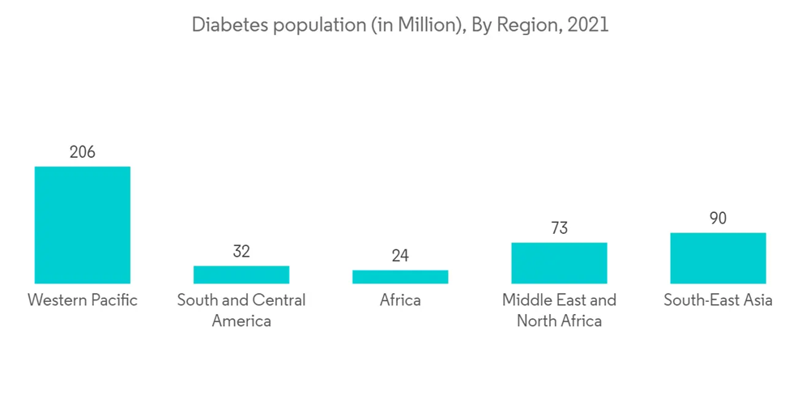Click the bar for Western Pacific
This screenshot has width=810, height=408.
pyautogui.click(x=82, y=225)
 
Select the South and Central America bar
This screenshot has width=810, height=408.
pyautogui.click(x=241, y=274)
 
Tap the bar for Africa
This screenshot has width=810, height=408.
pyautogui.click(x=400, y=277)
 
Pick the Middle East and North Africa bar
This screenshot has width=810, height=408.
pyautogui.click(x=559, y=263)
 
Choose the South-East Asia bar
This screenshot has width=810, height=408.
pyautogui.click(x=718, y=258)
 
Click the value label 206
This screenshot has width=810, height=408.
pyautogui.click(x=82, y=151)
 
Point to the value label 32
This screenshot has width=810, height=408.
pyautogui.click(x=241, y=251)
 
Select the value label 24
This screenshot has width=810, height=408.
pyautogui.click(x=400, y=256)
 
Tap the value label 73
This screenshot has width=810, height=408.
pyautogui.click(x=559, y=228)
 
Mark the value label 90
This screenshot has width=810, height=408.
pyautogui.click(x=718, y=219)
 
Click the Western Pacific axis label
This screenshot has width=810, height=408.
pyautogui.click(x=82, y=300)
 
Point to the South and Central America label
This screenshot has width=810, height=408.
pyautogui.click(x=241, y=310)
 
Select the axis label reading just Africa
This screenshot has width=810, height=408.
pyautogui.click(x=400, y=300)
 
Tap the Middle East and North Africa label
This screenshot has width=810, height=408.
pyautogui.click(x=559, y=310)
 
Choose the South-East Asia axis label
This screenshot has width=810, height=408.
pyautogui.click(x=718, y=300)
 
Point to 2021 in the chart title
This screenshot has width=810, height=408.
pyautogui.click(x=587, y=25)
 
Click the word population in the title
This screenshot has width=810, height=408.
pyautogui.click(x=312, y=26)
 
